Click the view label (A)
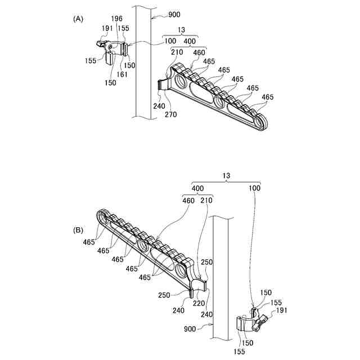(78, 18)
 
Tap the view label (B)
(78, 230)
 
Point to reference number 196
(117, 19)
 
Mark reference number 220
(198, 302)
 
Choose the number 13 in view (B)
(227, 176)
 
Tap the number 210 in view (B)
(206, 200)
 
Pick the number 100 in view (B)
(255, 190)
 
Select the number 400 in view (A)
(190, 42)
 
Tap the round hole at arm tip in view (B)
(104, 215)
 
